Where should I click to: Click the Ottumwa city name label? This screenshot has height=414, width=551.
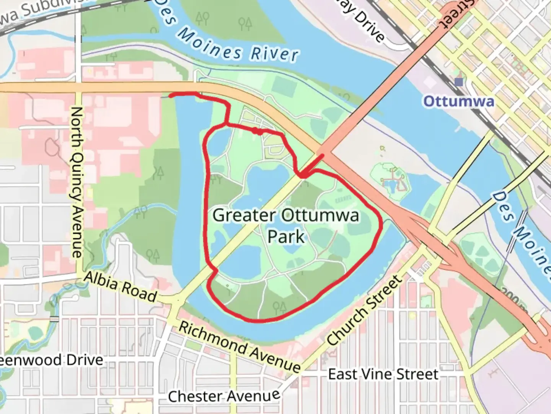(458, 101)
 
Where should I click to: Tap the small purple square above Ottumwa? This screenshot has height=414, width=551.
(459, 82)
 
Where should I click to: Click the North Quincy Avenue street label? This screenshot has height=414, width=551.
(77, 182)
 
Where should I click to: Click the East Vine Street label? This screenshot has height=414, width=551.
(383, 374)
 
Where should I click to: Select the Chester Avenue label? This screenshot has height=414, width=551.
(224, 396)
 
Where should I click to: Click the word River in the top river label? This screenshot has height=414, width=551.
(274, 54)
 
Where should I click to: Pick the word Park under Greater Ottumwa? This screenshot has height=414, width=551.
(286, 237)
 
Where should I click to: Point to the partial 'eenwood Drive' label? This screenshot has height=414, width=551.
(52, 360)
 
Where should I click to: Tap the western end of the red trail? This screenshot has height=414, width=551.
(170, 95)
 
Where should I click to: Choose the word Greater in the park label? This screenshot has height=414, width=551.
(244, 215)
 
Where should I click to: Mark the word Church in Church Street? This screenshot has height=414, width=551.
(348, 326)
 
